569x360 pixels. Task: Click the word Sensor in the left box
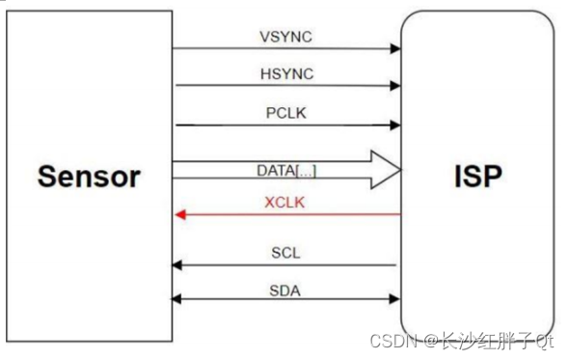click(x=89, y=177)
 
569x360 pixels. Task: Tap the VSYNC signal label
click(x=286, y=37)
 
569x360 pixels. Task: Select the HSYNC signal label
click(x=286, y=74)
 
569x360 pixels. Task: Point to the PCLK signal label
click(x=286, y=113)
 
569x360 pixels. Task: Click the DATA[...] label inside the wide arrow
click(x=286, y=171)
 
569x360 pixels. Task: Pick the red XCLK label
click(x=286, y=204)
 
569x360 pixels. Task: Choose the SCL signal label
click(x=286, y=253)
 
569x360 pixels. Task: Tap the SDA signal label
click(x=286, y=289)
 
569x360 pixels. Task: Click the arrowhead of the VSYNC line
click(x=395, y=48)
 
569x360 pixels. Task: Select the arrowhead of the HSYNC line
click(x=395, y=86)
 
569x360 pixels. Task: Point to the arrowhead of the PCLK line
click(x=395, y=125)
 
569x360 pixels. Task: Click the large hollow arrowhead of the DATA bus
click(x=386, y=171)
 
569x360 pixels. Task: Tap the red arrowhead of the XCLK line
click(x=180, y=215)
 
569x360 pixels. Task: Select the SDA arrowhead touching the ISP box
click(x=395, y=299)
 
